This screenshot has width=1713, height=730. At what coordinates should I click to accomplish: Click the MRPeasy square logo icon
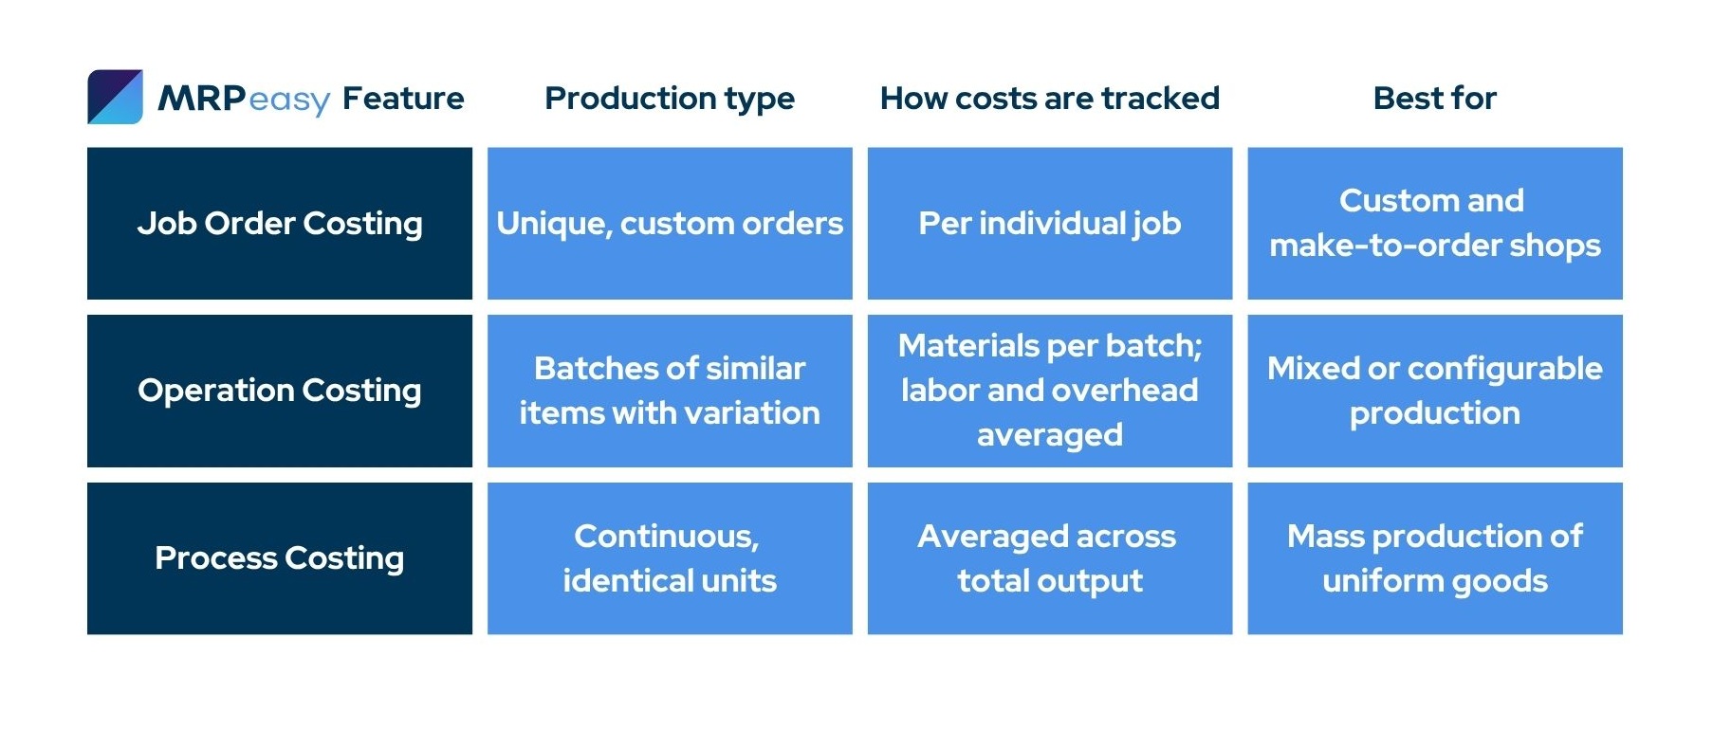115,97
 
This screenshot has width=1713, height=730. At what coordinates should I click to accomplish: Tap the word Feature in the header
403,98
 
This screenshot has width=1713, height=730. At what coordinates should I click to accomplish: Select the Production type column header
670,99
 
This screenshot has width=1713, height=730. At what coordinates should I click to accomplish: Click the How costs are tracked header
1050,98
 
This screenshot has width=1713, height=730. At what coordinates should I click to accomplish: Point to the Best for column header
1435,98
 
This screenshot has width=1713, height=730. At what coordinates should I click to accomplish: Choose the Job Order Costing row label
280,224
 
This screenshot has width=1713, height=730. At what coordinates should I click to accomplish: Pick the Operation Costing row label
280,391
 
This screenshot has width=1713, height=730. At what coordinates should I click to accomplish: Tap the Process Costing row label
280,558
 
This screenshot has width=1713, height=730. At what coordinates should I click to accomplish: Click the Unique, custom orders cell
670,224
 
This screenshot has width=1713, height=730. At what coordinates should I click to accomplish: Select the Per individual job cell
1050,224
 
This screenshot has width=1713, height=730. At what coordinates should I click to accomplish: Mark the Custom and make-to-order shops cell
1435,224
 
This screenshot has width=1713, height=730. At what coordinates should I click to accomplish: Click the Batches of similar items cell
670,391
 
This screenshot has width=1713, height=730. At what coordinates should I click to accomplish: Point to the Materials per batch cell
1050,391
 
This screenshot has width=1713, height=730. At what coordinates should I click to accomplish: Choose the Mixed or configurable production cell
1435,391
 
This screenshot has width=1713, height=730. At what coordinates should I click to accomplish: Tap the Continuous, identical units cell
670,558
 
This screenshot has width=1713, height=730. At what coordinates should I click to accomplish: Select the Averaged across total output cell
1050,558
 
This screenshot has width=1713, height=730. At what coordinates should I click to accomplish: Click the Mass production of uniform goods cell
1435,558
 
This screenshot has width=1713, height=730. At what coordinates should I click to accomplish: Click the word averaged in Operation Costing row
1050,435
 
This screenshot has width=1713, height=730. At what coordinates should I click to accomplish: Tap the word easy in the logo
290,100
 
